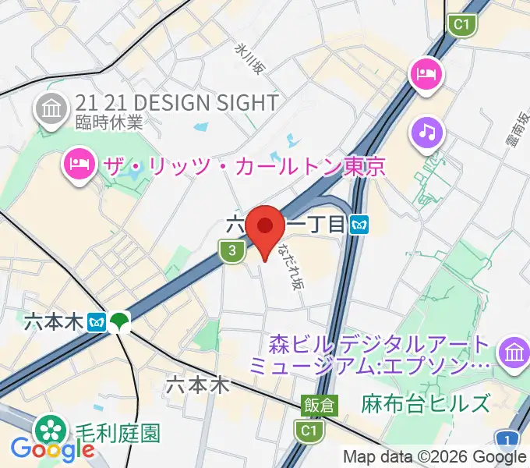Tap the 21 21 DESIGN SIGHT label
(177, 103)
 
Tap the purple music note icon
(426, 132)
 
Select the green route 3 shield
(229, 250)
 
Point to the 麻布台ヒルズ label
(426, 404)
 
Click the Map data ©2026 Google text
(435, 457)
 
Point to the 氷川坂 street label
(249, 58)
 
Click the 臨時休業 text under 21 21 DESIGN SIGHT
(109, 122)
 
